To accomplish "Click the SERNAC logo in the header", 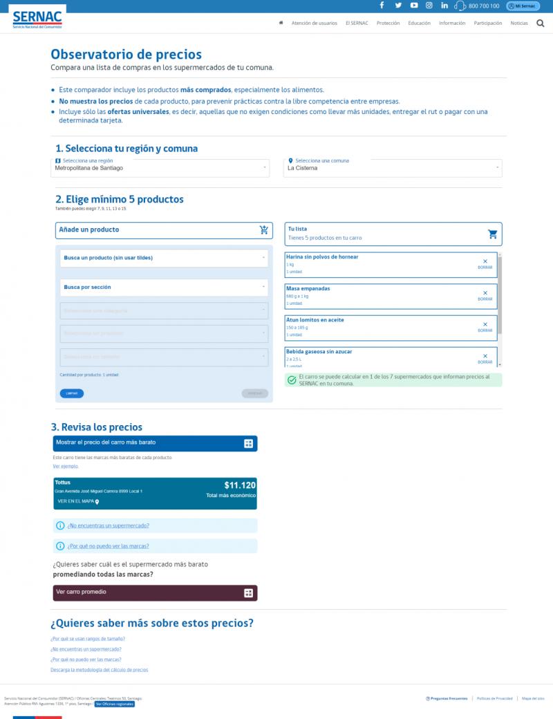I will [38, 19].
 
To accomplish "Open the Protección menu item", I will [388, 23].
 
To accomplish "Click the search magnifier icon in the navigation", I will [541, 23].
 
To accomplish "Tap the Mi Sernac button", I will [523, 6].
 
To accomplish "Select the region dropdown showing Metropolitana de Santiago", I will [162, 167].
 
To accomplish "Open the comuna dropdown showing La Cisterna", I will [393, 167].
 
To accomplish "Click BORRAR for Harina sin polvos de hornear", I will [485, 263].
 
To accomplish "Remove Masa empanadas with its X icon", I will [485, 293].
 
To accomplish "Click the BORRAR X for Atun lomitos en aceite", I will [485, 324].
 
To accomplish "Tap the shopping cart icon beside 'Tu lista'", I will [492, 234].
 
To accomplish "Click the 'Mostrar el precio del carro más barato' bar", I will [155, 443].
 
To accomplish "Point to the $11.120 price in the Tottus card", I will [240, 485].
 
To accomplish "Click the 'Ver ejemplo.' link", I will [66, 466].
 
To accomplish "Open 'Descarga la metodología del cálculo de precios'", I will [100, 670].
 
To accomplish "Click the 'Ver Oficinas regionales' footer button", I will [115, 704].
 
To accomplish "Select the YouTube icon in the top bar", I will [413, 6].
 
